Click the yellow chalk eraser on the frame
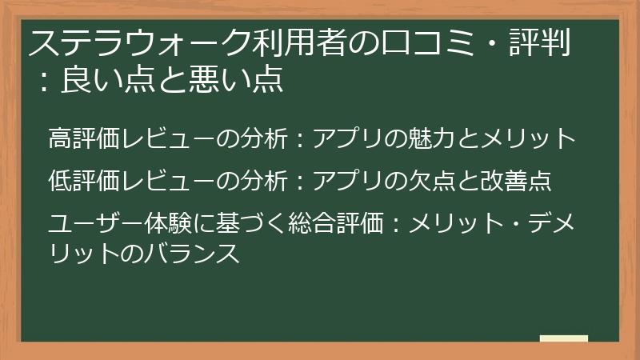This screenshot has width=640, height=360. [563, 339]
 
